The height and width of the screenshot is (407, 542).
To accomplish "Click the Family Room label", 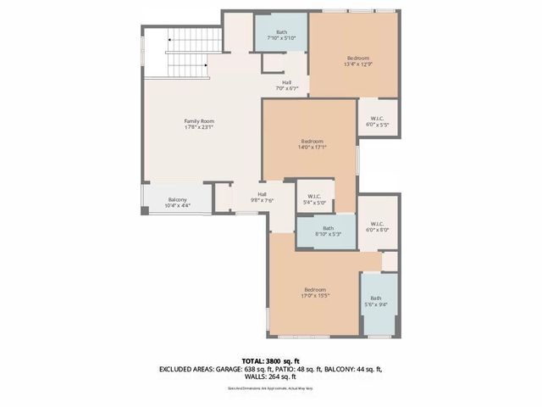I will pyautogui.click(x=197, y=122).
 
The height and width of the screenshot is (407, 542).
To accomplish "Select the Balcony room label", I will pyautogui.click(x=177, y=199).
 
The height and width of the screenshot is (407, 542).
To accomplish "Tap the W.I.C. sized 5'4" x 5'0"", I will pyautogui.click(x=313, y=198).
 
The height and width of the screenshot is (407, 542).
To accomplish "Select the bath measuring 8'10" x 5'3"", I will pyautogui.click(x=328, y=231).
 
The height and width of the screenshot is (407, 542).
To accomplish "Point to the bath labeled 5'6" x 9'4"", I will pyautogui.click(x=375, y=301).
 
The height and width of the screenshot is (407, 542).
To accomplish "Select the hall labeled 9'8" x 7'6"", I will pyautogui.click(x=263, y=197).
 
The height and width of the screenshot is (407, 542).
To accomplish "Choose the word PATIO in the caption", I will pyautogui.click(x=288, y=370).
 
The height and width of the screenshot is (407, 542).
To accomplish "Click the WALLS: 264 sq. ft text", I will pyautogui.click(x=271, y=378).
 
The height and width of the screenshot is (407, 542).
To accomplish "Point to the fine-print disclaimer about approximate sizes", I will pyautogui.click(x=270, y=388).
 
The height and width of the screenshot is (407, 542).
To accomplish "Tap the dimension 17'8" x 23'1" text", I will pyautogui.click(x=197, y=128).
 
